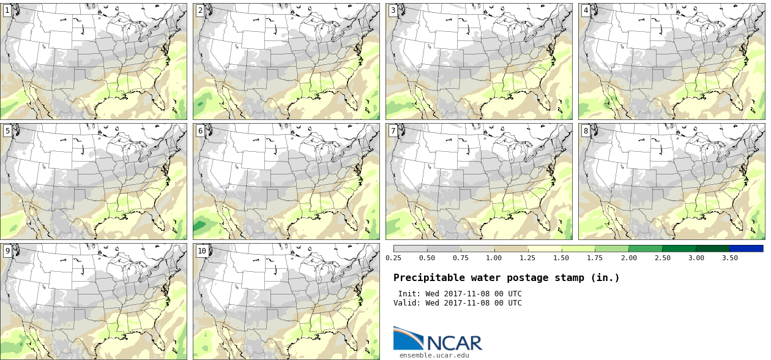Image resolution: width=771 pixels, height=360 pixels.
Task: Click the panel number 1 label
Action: (7, 10)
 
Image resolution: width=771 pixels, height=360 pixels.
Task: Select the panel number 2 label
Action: (200, 10)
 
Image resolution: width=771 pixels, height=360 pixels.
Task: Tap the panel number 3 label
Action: (393, 10)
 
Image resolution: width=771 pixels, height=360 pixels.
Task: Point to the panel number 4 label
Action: (586, 10)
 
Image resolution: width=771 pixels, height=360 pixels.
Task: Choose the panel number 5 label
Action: (7, 130)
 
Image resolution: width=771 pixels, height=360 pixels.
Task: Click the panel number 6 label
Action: (200, 130)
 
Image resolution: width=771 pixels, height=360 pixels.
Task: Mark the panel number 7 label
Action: (393, 130)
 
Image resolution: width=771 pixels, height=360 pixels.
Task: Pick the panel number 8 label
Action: (586, 130)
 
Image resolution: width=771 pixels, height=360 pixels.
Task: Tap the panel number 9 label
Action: (7, 250)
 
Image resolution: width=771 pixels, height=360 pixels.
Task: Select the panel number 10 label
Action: (202, 250)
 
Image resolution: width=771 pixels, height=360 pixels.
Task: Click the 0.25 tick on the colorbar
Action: (393, 258)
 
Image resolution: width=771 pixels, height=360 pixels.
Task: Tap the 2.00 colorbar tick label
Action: (628, 258)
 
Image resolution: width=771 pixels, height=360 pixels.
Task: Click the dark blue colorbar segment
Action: (746, 249)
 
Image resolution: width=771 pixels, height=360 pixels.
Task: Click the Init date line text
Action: (460, 294)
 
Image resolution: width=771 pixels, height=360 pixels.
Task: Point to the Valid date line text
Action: (460, 302)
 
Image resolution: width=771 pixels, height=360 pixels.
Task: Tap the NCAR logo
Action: (438, 339)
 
